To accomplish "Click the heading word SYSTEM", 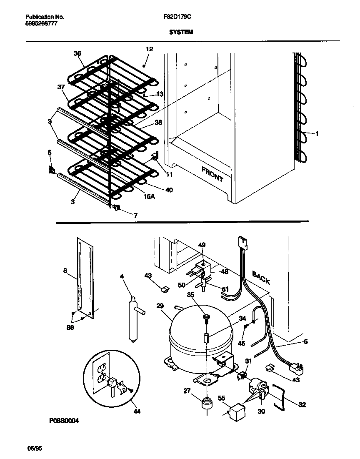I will (x=181, y=31).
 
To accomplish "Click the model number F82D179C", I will (x=180, y=17).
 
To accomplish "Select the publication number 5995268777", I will (x=41, y=24).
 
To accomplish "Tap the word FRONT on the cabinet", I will (x=212, y=174).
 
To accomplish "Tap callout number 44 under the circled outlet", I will (x=137, y=411).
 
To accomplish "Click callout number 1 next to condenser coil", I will (x=317, y=134).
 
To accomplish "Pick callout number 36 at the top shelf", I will (x=77, y=53).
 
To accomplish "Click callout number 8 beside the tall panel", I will (x=65, y=271).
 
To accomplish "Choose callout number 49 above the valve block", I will (x=202, y=245).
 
